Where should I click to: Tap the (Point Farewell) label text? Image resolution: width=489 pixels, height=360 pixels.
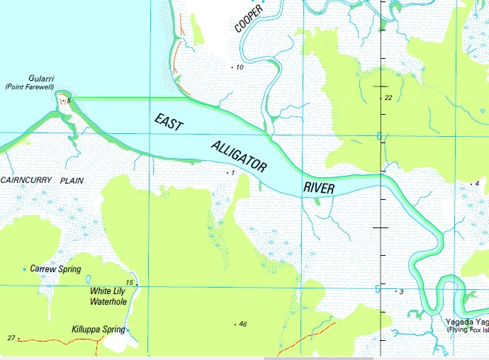click(x=30, y=86)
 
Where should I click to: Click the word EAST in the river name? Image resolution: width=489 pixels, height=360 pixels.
click(x=169, y=121)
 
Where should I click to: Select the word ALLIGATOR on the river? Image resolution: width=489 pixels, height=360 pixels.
click(x=239, y=157)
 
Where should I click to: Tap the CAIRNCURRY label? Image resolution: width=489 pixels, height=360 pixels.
click(x=26, y=181)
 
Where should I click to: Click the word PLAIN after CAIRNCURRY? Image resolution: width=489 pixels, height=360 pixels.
click(x=72, y=181)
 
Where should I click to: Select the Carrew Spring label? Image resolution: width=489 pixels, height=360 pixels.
click(x=56, y=269)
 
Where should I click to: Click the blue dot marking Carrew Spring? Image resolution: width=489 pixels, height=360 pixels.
click(x=25, y=269)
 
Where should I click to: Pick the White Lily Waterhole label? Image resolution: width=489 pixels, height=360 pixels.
click(x=108, y=296)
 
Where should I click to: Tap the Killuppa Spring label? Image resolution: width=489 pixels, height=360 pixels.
click(x=97, y=330)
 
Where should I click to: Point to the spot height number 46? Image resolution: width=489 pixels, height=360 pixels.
click(x=243, y=324)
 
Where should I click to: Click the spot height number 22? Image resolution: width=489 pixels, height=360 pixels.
click(x=388, y=98)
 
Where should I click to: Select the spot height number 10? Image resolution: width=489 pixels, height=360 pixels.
click(x=240, y=67)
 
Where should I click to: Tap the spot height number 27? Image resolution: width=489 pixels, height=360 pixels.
click(x=11, y=337)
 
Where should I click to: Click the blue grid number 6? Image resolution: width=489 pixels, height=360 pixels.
click(x=379, y=135)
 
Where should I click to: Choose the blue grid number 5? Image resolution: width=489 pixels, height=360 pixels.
click(x=378, y=288)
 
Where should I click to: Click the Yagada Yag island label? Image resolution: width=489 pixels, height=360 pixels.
click(x=466, y=320)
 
